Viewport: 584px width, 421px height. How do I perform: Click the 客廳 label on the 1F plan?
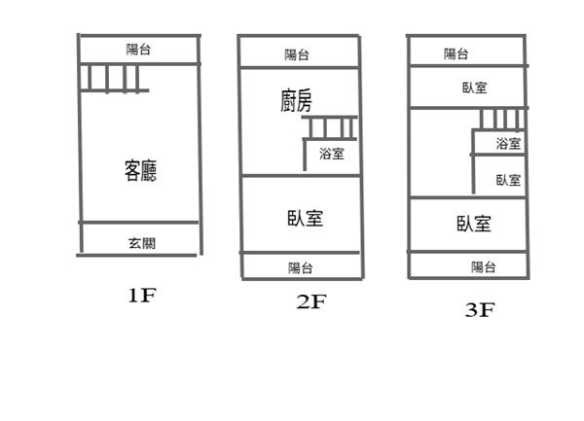pos(140,172)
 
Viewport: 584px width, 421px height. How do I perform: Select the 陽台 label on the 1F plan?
pos(139,50)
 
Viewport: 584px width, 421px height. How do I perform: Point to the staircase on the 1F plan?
pos(114,78)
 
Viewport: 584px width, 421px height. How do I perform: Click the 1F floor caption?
pos(140,296)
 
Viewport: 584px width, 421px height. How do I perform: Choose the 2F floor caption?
pos(310,302)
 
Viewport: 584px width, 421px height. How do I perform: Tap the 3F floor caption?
pos(479,310)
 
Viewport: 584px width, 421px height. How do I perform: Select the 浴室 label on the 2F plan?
pos(331,153)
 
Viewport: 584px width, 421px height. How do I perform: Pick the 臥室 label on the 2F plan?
pos(305,218)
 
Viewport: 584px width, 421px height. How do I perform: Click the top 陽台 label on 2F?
pos(297,54)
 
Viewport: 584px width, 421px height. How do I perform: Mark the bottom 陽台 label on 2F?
pos(300,267)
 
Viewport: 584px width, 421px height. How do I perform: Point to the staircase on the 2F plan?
pos(332,128)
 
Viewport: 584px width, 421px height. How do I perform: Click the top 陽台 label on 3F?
pos(456,54)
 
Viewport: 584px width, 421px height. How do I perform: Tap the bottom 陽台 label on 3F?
pos(483,266)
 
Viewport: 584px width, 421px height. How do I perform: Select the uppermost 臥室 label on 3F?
pos(475,88)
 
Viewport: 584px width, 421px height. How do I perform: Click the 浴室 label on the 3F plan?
pos(508,144)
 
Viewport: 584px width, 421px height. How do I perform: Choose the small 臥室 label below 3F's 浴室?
pos(507,180)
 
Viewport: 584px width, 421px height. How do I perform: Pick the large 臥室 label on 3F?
pos(473,224)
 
